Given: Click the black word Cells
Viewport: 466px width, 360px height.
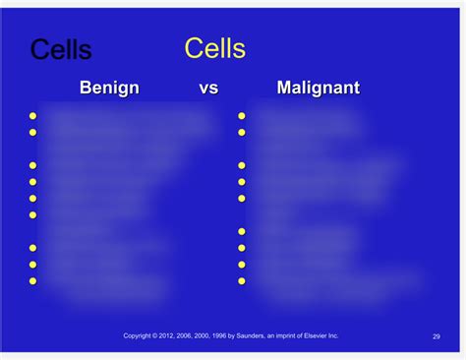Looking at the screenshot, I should (61, 49).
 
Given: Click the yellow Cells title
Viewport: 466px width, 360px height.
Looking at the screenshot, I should (215, 48).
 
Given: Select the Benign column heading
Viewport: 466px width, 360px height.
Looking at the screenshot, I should (109, 89).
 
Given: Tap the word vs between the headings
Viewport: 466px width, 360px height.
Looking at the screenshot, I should (208, 89).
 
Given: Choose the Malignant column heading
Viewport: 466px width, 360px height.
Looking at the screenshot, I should (318, 89).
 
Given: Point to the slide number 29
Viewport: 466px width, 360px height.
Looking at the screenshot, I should (436, 336).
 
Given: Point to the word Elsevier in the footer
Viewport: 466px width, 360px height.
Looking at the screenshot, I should (320, 335).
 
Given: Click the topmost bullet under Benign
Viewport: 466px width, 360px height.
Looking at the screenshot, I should (32, 115).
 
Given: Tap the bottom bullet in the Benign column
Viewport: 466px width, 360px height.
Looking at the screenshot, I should (32, 281).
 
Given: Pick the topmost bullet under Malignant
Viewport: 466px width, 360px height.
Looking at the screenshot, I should (242, 115).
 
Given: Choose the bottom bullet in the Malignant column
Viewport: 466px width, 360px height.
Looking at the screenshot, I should (242, 281).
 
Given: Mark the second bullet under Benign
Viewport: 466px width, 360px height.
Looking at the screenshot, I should (32, 132).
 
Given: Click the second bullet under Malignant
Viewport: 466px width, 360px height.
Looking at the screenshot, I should (242, 132).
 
